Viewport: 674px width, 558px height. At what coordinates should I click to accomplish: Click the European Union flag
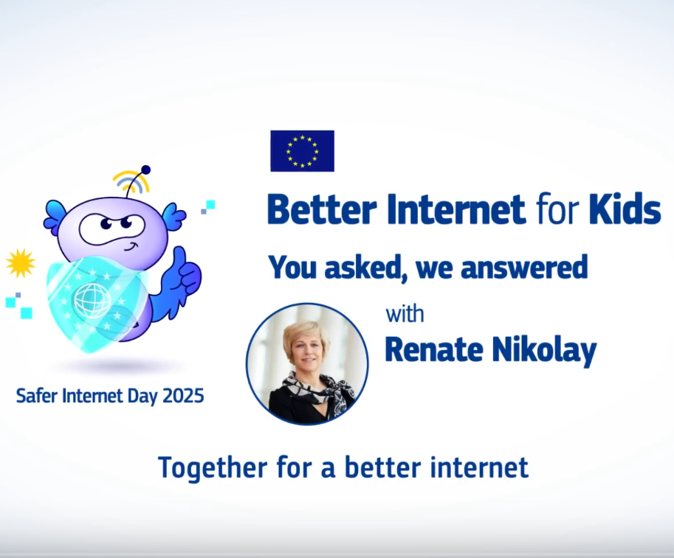(302, 151)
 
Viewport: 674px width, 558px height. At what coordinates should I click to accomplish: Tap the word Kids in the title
(625, 209)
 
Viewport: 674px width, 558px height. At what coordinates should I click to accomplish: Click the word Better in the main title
(322, 209)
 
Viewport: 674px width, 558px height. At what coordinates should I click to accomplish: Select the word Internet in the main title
(456, 209)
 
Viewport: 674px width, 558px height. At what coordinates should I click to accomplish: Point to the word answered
(524, 268)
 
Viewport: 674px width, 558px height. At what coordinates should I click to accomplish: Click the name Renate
(434, 349)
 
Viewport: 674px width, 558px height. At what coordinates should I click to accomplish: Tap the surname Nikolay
(544, 351)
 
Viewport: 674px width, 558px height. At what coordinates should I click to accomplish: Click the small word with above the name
(405, 314)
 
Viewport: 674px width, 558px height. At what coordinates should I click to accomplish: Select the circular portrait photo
(307, 364)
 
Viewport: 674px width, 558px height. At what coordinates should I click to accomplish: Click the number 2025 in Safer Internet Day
(183, 396)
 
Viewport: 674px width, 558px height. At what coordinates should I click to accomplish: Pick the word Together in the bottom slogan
(213, 468)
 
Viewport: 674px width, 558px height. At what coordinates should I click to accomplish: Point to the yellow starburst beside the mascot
(20, 262)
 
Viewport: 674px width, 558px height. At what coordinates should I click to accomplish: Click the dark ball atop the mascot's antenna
(145, 170)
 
